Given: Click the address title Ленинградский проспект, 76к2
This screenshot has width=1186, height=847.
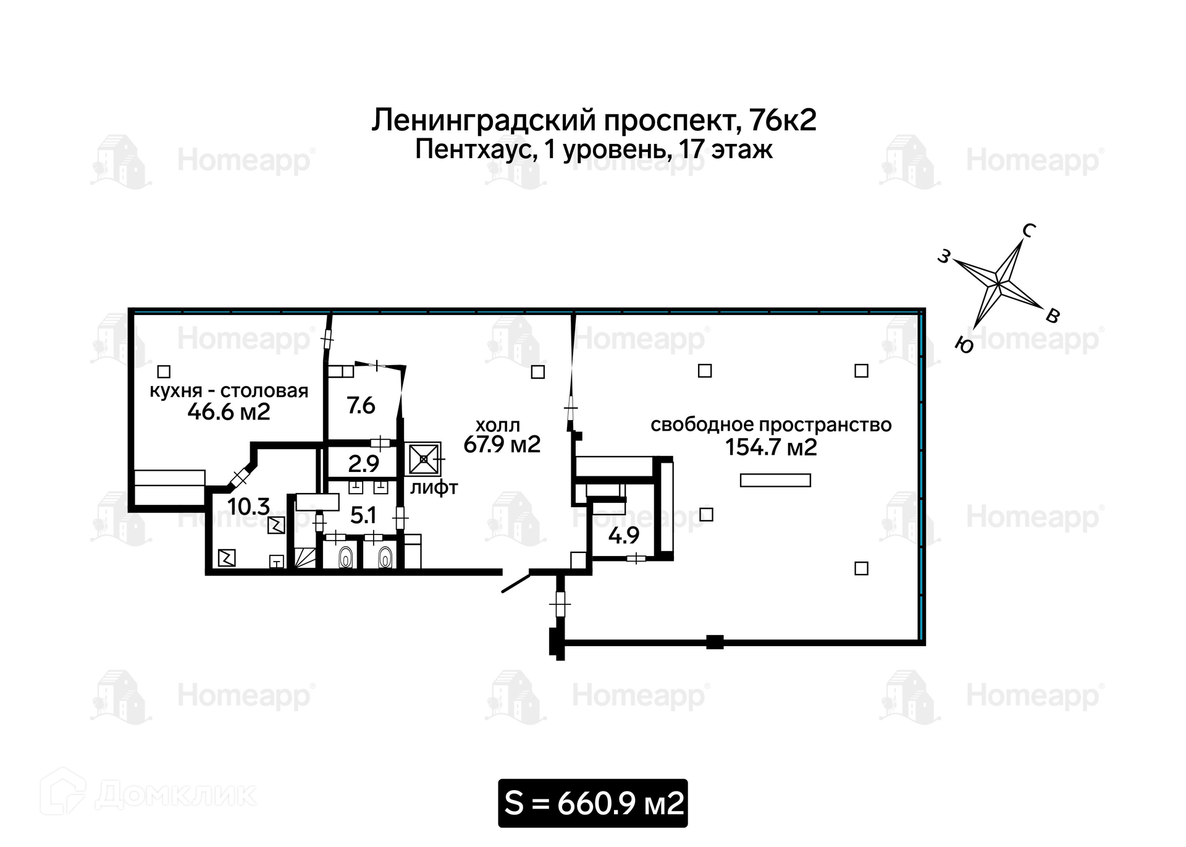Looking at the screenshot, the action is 593,120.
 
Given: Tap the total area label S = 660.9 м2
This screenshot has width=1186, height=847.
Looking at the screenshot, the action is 593,803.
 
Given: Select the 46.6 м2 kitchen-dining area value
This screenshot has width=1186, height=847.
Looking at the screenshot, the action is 229,411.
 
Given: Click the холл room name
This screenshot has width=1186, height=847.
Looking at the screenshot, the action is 497,425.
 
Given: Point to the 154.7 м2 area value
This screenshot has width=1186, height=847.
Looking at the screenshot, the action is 771,447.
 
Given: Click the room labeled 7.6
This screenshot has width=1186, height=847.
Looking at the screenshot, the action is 361,406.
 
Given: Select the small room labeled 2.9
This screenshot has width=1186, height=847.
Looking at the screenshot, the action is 363,464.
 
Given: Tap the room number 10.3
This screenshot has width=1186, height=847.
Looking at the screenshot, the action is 248,507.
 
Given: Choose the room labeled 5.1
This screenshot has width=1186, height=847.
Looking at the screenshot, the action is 363,515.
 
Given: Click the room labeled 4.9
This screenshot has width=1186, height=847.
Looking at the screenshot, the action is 623,535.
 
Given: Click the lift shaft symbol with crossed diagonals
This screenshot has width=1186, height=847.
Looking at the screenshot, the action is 424,459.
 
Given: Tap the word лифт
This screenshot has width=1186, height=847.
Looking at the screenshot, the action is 434,488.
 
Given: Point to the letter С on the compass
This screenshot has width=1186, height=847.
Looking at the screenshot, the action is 1028,230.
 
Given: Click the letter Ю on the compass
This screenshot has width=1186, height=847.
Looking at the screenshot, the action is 964,345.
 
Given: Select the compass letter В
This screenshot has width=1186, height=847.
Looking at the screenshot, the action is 1053,316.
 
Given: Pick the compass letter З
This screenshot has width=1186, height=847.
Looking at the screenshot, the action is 943,256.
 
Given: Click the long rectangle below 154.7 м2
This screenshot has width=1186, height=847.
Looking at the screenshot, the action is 775,480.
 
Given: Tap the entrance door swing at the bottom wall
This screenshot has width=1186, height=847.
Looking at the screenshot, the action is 516,583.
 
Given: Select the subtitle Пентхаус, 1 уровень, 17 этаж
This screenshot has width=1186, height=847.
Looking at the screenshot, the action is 593,150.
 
